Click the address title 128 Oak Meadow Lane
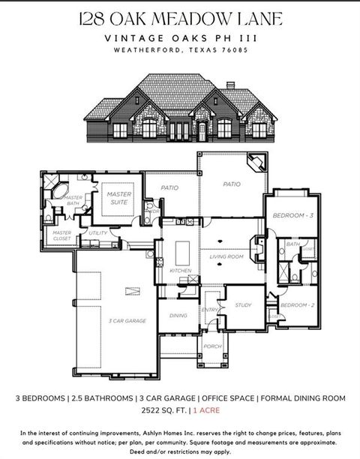pos(180,17)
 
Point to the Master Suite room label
pos(118,198)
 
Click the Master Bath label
pos(73,200)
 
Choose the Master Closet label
pos(61,235)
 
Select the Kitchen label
pos(181,270)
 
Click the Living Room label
pos(226,256)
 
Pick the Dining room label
pos(178,316)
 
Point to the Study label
pos(243,305)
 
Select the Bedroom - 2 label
pos(294,305)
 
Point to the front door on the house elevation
pos(202,131)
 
